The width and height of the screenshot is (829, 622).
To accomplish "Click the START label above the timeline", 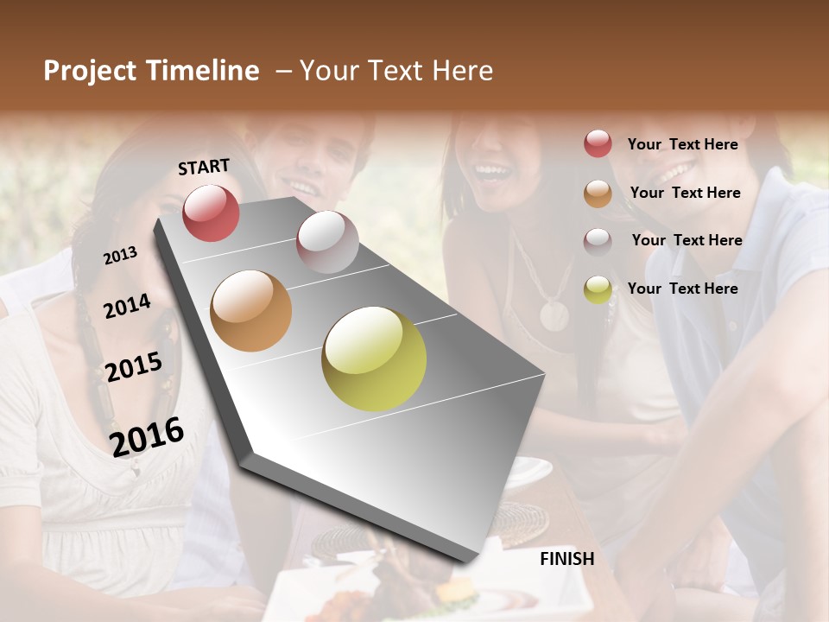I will click(x=204, y=167).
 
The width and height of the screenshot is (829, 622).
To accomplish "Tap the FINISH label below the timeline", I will click(x=566, y=559).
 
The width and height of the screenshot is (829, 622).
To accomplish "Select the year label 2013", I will click(x=120, y=255).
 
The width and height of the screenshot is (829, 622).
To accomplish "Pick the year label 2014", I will click(x=127, y=306).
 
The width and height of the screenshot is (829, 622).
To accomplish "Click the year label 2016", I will click(x=147, y=436).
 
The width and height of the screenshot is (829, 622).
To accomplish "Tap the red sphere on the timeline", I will click(x=211, y=213).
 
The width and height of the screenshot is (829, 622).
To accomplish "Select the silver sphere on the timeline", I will click(x=327, y=242).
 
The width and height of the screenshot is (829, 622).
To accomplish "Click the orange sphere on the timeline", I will click(x=250, y=311).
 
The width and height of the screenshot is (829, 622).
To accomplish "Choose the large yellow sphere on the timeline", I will click(x=374, y=359).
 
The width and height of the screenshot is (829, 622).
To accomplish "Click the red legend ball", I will click(x=598, y=143).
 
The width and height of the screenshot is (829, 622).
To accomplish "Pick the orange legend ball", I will click(x=598, y=193).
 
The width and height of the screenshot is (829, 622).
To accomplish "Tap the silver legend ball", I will click(x=598, y=241).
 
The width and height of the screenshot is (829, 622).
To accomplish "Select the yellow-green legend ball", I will click(x=598, y=289).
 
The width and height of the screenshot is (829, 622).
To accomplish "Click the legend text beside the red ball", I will click(x=682, y=144).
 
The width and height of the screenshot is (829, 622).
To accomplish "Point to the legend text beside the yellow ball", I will click(x=682, y=289).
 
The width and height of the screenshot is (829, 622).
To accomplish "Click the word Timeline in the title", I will click(x=203, y=71).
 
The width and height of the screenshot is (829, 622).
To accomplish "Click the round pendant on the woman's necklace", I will click(x=554, y=314).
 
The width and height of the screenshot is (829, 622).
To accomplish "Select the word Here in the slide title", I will click(x=462, y=71).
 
